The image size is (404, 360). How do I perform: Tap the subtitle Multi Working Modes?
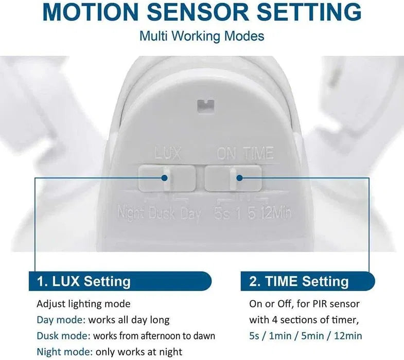202,36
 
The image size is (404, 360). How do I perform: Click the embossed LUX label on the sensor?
168,153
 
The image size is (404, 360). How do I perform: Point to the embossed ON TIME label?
245,153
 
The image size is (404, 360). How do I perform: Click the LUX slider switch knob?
167,178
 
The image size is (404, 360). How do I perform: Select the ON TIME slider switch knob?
233,179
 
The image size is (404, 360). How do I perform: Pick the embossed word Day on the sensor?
190,214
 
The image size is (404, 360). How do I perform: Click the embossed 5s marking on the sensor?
221,214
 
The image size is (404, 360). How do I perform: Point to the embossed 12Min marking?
275,213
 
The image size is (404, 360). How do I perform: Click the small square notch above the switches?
206,105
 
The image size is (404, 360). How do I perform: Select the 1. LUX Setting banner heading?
84,281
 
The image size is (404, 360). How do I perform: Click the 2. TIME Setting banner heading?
299,281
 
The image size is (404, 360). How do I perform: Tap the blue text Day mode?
61,320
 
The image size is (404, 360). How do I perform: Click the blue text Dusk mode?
63,336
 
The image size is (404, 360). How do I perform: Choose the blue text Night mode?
65,352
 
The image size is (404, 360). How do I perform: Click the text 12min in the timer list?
348,336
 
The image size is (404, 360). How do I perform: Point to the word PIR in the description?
320,304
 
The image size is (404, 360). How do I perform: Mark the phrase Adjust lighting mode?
83,304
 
